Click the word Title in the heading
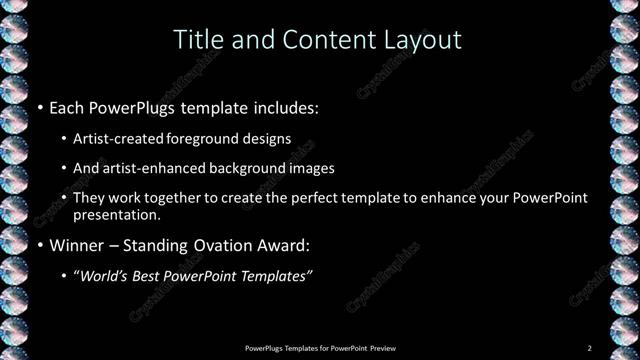coord(197,39)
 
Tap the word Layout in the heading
coord(418,39)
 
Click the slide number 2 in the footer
coord(590,348)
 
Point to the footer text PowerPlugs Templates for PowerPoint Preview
coord(320,348)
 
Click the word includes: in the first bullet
coord(283,106)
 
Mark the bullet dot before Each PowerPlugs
coord(39,107)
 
